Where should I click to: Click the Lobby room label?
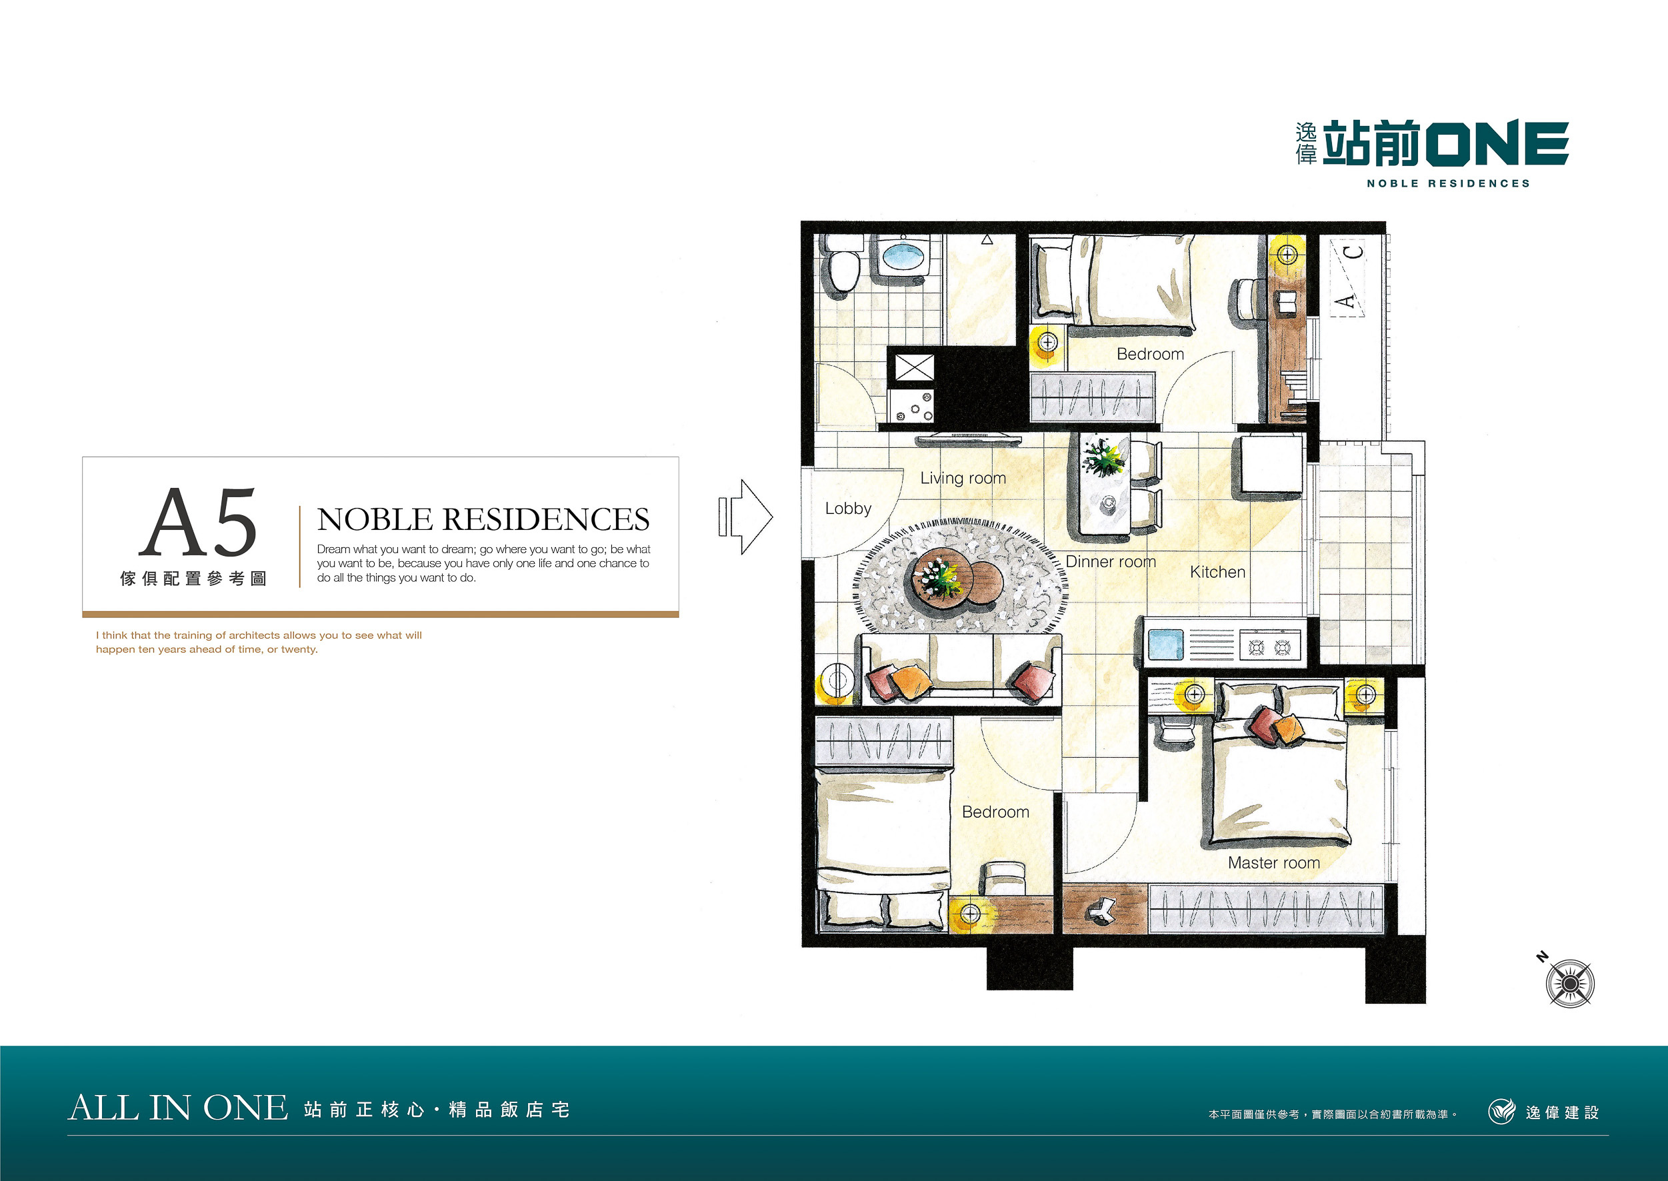tap(847, 509)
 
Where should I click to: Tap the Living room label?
tap(963, 478)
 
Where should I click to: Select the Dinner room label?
tap(1111, 561)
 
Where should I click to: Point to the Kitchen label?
tap(1218, 573)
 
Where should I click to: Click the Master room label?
tap(1274, 862)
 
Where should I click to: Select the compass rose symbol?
tap(1570, 983)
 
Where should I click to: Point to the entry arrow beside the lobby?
tap(745, 517)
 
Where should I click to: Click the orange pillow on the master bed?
tap(1288, 729)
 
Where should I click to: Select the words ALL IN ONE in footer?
tap(178, 1108)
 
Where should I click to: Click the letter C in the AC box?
tap(1352, 253)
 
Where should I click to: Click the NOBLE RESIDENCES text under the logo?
tap(1447, 184)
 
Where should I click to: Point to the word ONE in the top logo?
tap(1497, 143)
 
